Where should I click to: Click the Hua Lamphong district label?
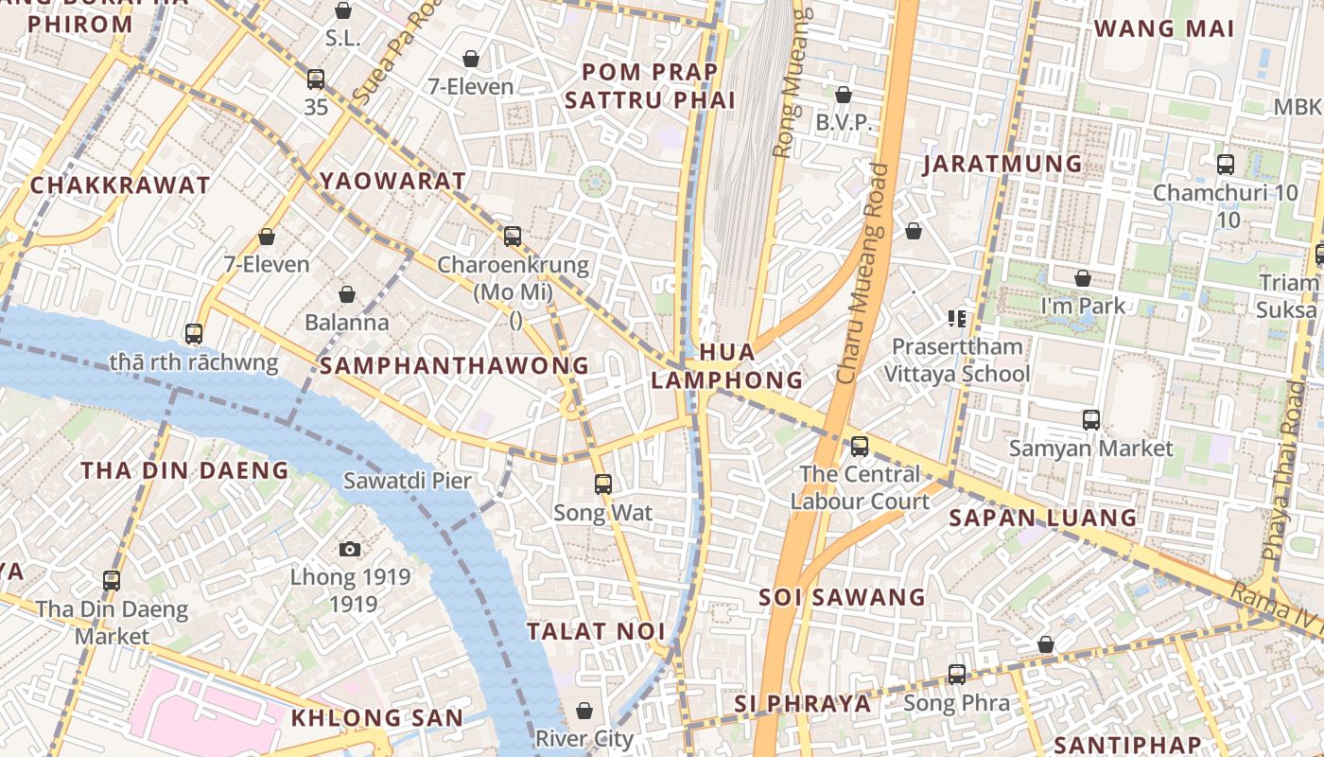726,366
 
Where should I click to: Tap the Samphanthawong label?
454,365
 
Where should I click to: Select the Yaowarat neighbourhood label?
392,181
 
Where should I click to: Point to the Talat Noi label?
596,631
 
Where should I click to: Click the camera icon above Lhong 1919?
349,549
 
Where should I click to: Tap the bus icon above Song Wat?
603,484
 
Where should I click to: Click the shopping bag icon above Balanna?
347,294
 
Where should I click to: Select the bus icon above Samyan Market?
1091,419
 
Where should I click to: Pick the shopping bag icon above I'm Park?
1083,278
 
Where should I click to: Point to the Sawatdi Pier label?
407,480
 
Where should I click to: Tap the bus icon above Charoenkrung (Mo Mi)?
513,237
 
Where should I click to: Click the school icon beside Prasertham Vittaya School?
957,318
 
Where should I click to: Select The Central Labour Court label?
860,487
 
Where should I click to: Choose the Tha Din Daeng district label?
184,470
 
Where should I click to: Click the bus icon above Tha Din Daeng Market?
112,581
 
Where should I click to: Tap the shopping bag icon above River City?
584,711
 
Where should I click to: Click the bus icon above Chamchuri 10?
1226,165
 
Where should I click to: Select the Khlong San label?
376,717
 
